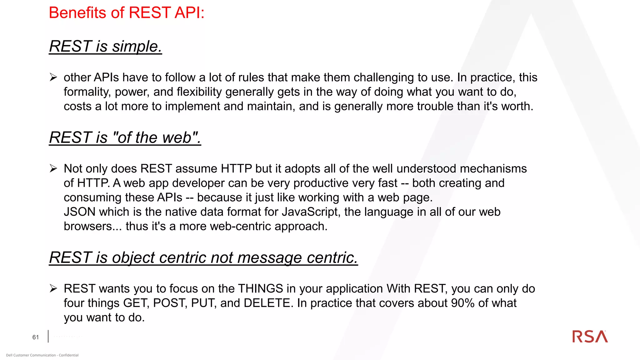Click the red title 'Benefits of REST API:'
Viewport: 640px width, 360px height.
pyautogui.click(x=127, y=13)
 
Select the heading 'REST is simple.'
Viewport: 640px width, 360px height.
pyautogui.click(x=105, y=47)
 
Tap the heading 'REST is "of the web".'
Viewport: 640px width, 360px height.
pyautogui.click(x=125, y=138)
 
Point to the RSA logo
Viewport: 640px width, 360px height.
pyautogui.click(x=590, y=337)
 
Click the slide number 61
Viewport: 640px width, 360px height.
pyautogui.click(x=36, y=337)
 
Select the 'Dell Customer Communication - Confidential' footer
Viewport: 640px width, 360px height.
pyautogui.click(x=42, y=355)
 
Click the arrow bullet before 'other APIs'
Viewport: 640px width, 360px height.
pyautogui.click(x=53, y=77)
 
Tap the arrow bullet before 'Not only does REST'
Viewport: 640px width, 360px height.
pyautogui.click(x=53, y=168)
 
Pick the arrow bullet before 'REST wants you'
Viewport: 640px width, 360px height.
pyautogui.click(x=53, y=288)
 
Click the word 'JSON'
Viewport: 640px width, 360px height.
pyautogui.click(x=79, y=212)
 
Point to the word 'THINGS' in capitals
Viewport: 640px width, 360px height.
pyautogui.click(x=260, y=289)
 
